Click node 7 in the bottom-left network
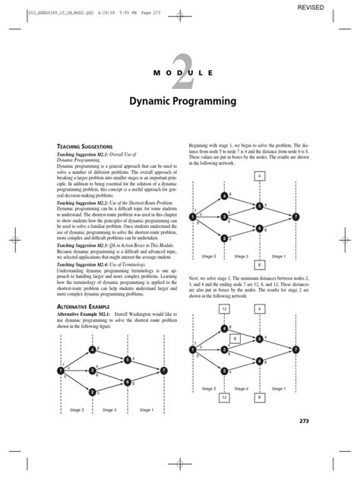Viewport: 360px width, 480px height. [163, 370]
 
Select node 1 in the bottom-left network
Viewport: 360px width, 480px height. [60, 370]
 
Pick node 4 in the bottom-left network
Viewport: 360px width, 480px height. [92, 349]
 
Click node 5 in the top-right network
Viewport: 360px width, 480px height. [259, 205]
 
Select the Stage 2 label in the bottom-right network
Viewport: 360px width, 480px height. [242, 389]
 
